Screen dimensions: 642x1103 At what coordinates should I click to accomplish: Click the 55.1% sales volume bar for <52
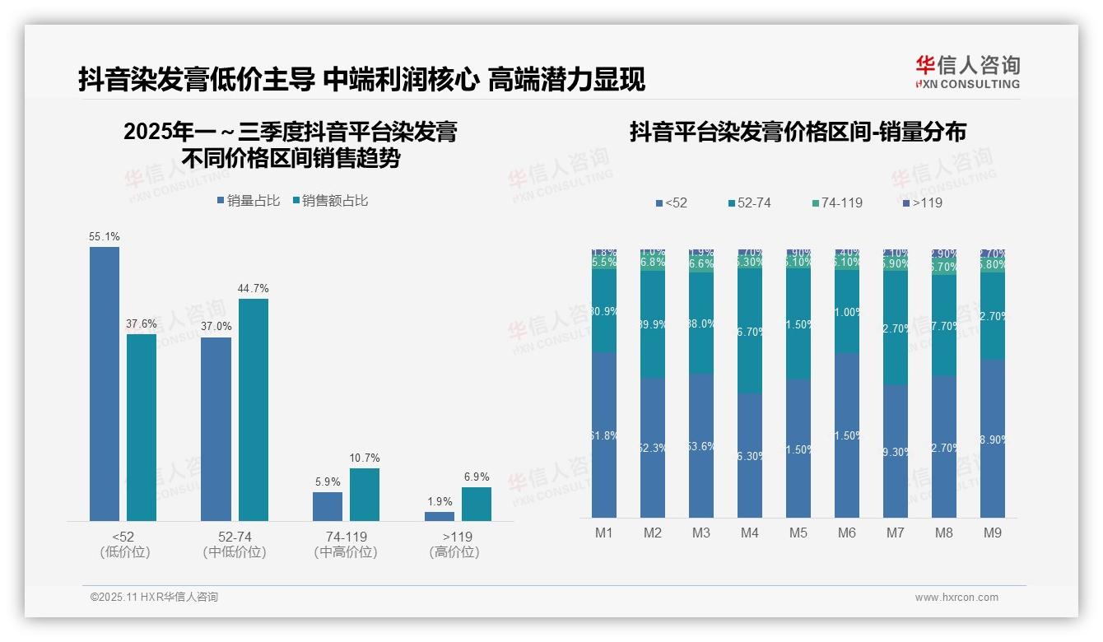tap(105, 384)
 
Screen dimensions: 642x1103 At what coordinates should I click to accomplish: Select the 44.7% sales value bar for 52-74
tap(254, 409)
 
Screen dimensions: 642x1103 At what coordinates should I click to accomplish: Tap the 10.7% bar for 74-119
tap(365, 494)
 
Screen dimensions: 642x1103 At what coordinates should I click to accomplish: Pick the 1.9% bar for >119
tap(440, 516)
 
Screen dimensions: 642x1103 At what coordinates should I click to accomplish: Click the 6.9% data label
tap(476, 477)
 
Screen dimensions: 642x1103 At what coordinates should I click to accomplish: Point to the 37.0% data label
tap(216, 327)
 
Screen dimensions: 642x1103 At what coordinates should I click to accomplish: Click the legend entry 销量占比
tap(248, 201)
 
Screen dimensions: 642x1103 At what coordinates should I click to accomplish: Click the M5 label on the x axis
tap(798, 533)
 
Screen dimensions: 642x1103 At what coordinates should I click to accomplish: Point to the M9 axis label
tap(992, 533)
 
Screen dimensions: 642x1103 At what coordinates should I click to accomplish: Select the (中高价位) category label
tap(346, 552)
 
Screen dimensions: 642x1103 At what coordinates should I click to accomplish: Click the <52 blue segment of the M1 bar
tap(604, 435)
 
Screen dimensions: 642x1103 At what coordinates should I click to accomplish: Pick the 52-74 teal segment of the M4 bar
tap(750, 331)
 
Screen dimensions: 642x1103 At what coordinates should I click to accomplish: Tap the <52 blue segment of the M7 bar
tap(896, 451)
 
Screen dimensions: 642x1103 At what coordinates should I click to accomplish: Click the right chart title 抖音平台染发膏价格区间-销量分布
tap(798, 132)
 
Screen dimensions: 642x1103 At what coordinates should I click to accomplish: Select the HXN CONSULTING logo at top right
tap(967, 72)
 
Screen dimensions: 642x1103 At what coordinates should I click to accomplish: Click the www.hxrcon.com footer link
tap(956, 598)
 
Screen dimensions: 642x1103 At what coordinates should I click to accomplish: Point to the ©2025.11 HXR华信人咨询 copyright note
tap(154, 598)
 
